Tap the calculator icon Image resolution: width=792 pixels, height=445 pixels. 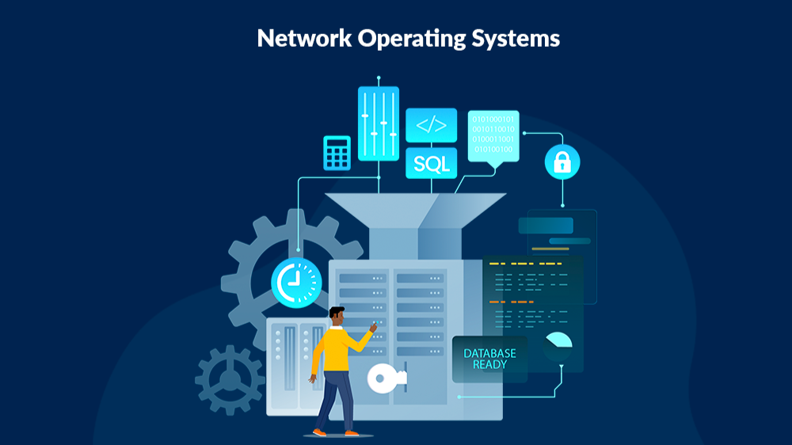click(337, 153)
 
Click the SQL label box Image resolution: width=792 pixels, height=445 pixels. click(432, 164)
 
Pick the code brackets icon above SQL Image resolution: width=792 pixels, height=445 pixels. click(432, 125)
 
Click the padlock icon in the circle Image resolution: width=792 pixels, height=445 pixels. click(562, 163)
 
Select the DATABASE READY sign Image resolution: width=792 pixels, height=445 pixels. click(489, 359)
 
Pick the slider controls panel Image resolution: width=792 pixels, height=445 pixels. click(379, 124)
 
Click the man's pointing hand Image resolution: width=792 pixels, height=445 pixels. click(372, 326)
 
